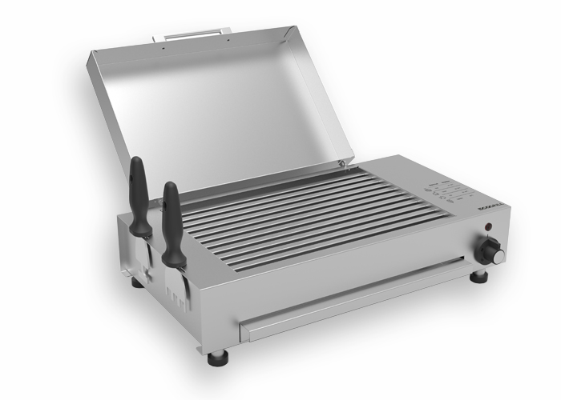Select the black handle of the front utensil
point(172,219)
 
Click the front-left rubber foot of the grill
point(217,357)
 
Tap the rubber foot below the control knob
point(478,277)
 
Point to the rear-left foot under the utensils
point(137,282)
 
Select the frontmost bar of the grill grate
point(337,240)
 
